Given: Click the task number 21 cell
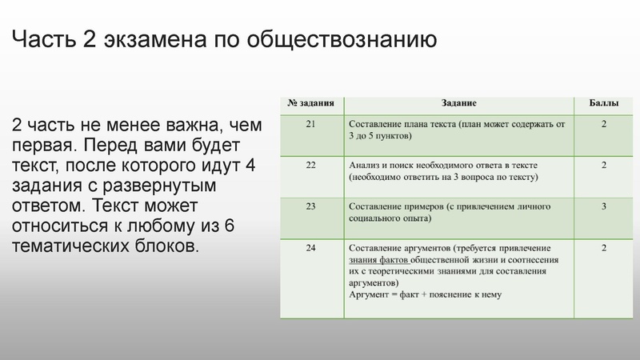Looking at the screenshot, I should click(x=311, y=124).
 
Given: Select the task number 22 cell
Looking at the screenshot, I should click(x=311, y=165).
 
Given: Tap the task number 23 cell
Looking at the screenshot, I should click(x=311, y=206).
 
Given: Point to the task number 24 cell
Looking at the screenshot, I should click(x=311, y=247).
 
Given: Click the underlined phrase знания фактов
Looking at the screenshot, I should click(x=380, y=260).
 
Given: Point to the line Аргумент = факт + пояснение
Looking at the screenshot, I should click(x=425, y=294).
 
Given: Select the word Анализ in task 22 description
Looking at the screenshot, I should click(x=365, y=165).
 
